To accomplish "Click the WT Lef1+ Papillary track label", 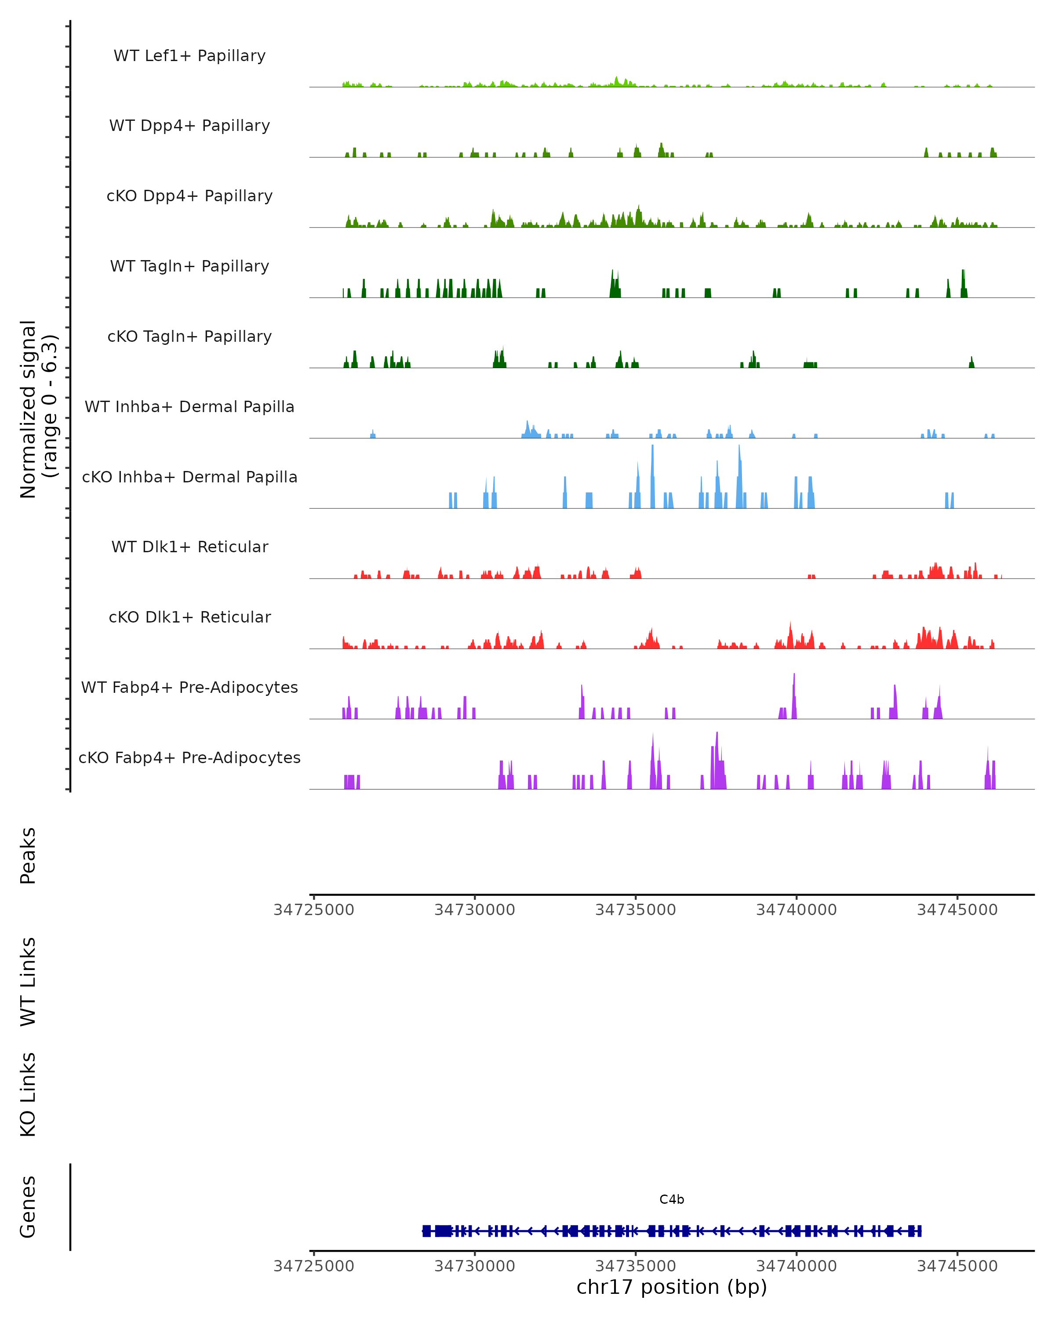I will coord(189,56).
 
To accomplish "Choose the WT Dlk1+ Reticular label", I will coord(189,547).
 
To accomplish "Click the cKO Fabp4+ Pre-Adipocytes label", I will coord(189,757).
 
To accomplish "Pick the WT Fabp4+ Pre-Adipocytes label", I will coord(189,687).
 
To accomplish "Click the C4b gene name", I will coord(672,1199).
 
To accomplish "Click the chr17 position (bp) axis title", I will coord(672,1287).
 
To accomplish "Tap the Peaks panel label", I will coord(28,855).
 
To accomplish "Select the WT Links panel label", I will coord(28,981).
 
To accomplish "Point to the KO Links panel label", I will coord(28,1094).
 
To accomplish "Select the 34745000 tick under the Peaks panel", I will coord(957,910).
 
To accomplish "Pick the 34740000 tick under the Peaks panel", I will coord(796,910).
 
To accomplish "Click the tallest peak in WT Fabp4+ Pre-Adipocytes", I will coord(794,675).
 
